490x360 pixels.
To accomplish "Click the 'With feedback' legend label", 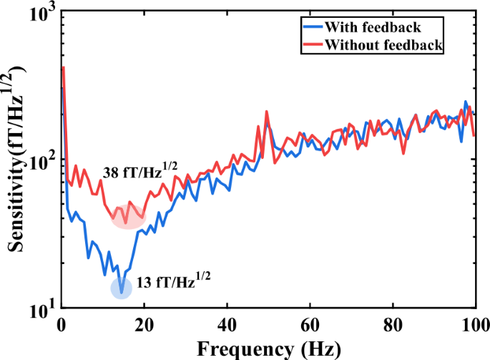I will (x=372, y=29).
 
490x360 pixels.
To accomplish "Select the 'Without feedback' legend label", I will (x=383, y=45).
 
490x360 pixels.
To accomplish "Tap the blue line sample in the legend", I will (x=312, y=29).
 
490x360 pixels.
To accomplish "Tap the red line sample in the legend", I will (x=312, y=45).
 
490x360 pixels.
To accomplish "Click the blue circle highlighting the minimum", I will (x=122, y=288).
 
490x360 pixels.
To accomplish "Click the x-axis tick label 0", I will (x=63, y=323).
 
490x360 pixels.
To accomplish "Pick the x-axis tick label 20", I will (x=144, y=323).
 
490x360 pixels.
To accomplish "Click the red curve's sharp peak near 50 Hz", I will (x=266, y=112).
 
